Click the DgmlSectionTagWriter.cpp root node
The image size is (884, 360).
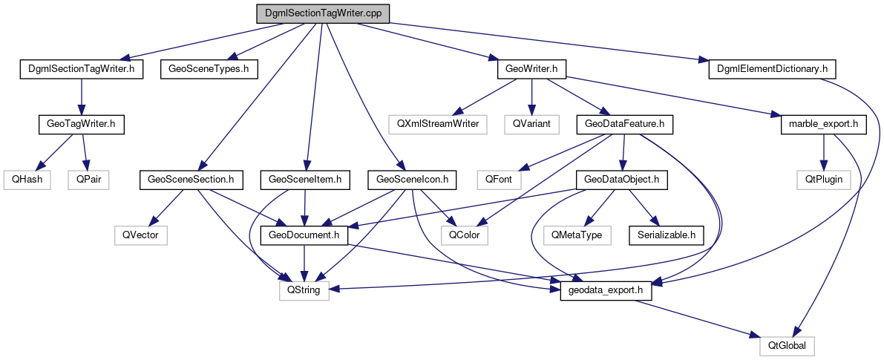(x=322, y=13)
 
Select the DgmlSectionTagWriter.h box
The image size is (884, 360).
(x=80, y=69)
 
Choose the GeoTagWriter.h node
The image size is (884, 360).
(x=80, y=124)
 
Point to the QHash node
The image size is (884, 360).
(x=27, y=179)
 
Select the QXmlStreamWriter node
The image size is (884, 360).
(x=437, y=124)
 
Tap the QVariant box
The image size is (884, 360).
(x=531, y=124)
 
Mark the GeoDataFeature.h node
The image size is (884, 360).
(x=624, y=124)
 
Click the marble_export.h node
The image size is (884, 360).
(x=823, y=124)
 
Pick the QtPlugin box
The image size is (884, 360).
(x=823, y=179)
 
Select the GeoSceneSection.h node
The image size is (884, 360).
(x=191, y=179)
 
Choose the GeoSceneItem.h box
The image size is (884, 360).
(x=304, y=179)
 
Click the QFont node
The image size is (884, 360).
(x=500, y=179)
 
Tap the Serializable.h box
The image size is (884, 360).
(x=666, y=235)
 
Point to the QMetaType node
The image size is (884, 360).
(x=576, y=235)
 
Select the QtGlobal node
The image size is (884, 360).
(x=787, y=345)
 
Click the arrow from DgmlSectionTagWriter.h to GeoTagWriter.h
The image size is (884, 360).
(x=80, y=96)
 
